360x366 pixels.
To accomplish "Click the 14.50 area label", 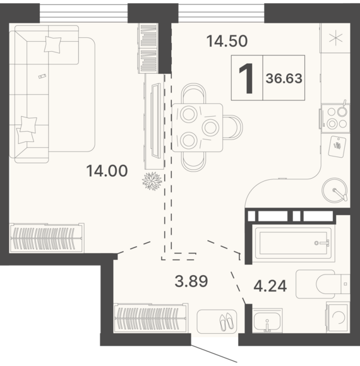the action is pyautogui.click(x=227, y=41).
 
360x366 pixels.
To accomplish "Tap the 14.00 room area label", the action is pyautogui.click(x=107, y=170).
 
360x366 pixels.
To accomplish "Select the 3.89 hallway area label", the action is pyautogui.click(x=191, y=281).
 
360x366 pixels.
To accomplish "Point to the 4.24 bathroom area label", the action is pyautogui.click(x=270, y=286).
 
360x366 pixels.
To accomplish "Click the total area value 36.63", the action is pyautogui.click(x=284, y=78).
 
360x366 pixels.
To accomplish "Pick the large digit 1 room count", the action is pyautogui.click(x=246, y=78).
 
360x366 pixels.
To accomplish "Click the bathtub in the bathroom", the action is pyautogui.click(x=294, y=243).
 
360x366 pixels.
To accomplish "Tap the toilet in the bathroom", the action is pyautogui.click(x=323, y=284).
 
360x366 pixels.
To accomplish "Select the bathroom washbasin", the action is pyautogui.click(x=267, y=321).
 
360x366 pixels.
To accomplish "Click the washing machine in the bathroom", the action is pyautogui.click(x=338, y=317).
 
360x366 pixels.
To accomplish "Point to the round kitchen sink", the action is pyautogui.click(x=335, y=189).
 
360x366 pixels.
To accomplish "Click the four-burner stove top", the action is pyautogui.click(x=336, y=119).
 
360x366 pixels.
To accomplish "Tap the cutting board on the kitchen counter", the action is pyautogui.click(x=337, y=146).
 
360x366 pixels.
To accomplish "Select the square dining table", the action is pyautogui.click(x=197, y=127).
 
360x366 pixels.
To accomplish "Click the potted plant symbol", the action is pyautogui.click(x=152, y=181).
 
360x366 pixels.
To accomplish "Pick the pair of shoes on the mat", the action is pyautogui.click(x=227, y=321).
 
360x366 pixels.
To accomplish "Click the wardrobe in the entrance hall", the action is pyautogui.click(x=151, y=319).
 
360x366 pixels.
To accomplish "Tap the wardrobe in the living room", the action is pyautogui.click(x=47, y=238).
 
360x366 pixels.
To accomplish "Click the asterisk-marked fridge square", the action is pyautogui.click(x=336, y=38).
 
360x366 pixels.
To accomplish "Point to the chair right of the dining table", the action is pyautogui.click(x=234, y=127).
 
